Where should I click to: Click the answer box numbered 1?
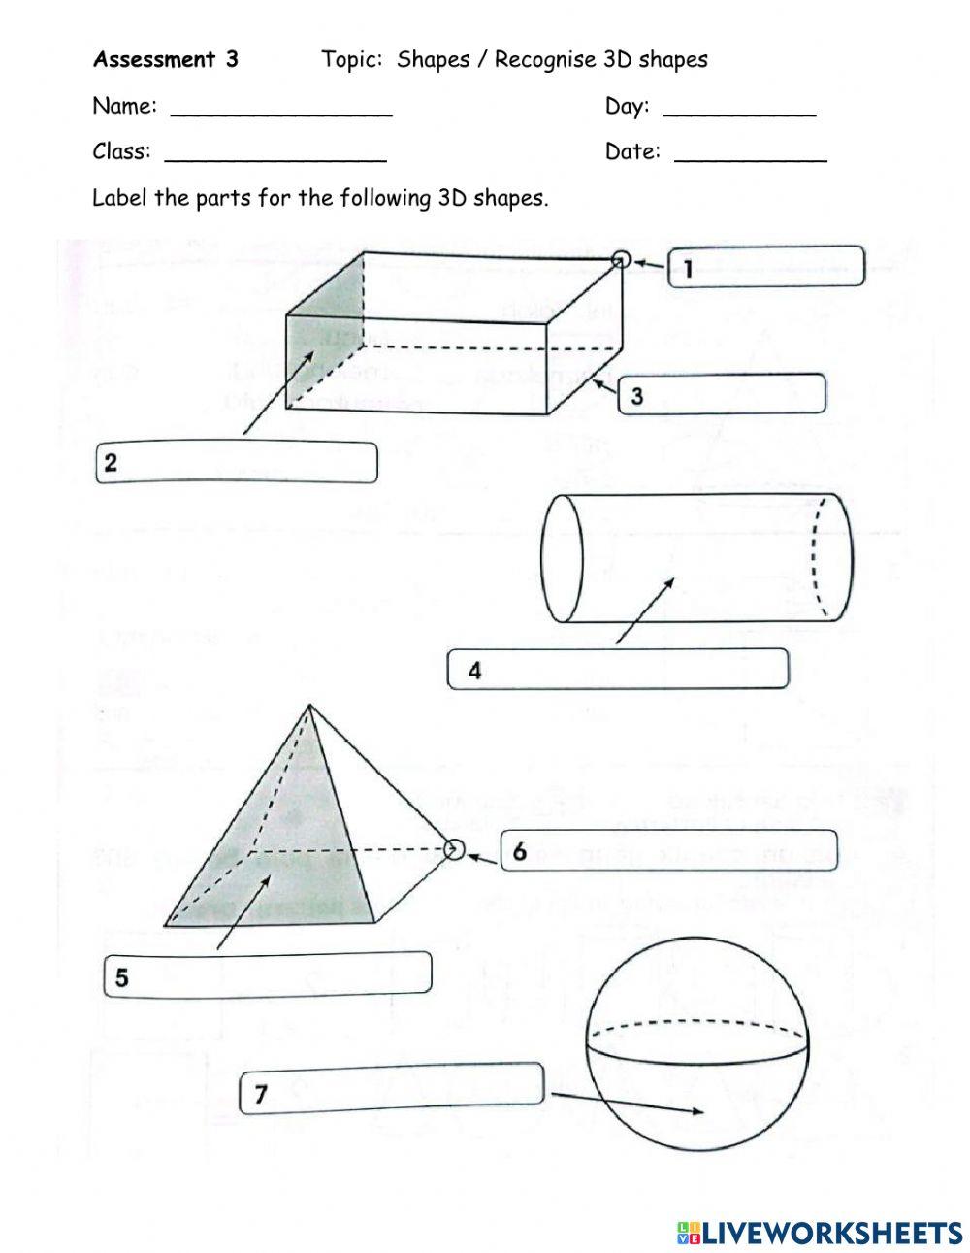(766, 266)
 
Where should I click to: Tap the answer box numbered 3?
(722, 394)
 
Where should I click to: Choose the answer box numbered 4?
(618, 669)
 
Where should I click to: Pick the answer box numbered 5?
(268, 973)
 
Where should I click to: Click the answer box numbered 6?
(668, 850)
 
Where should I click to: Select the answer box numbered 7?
(391, 1088)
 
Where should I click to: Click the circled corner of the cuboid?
(622, 259)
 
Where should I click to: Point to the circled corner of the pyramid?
(453, 850)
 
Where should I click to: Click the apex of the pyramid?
(308, 706)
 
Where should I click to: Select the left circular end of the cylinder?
(562, 558)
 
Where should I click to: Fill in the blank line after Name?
(281, 107)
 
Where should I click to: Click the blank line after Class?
(275, 152)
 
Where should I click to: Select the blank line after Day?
(739, 107)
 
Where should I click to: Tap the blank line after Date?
(750, 152)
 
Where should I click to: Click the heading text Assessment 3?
(165, 60)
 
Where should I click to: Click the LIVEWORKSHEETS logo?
(820, 1232)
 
